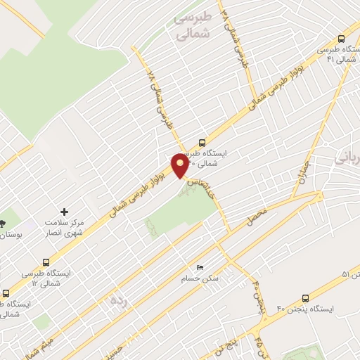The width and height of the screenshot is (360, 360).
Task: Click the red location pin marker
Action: tap(181, 165)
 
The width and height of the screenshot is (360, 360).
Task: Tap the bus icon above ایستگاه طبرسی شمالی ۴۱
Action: tap(341, 39)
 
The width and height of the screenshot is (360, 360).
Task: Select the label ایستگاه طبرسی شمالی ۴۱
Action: tap(335, 54)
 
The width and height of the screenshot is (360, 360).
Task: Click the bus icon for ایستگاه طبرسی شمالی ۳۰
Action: tap(202, 141)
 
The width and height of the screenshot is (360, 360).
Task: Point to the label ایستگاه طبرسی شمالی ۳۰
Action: tap(204, 158)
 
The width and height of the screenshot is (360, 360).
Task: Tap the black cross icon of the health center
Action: tap(65, 211)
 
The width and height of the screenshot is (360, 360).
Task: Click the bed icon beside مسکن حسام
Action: tap(200, 268)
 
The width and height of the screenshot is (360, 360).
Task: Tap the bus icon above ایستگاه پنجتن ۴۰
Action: tap(305, 297)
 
